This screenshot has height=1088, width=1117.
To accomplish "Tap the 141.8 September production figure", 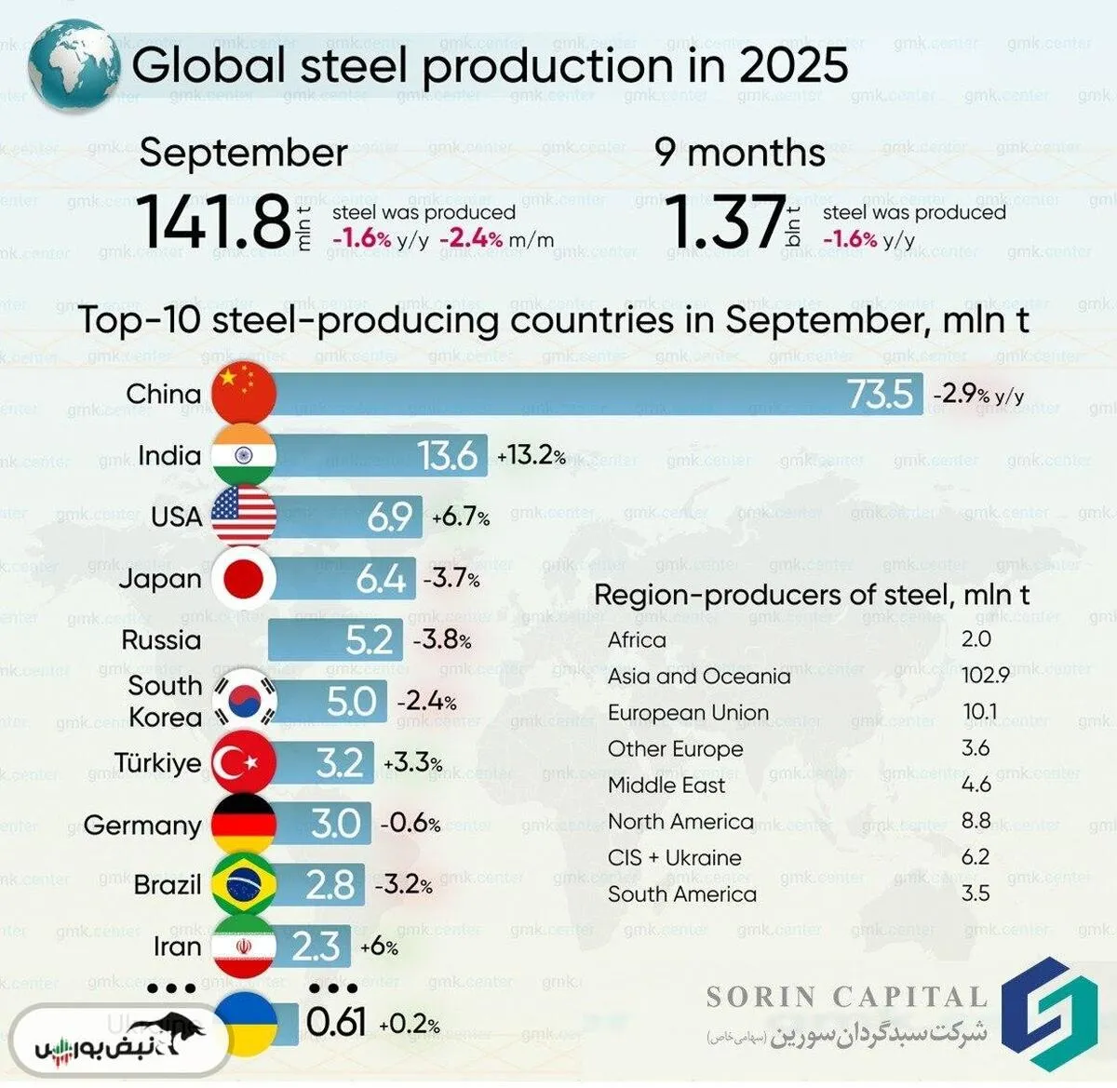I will click(x=214, y=222).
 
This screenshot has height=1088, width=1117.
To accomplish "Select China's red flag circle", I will click(x=244, y=394).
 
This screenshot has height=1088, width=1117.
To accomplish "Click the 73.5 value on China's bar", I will click(x=880, y=395).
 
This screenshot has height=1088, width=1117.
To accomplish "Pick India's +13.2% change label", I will click(x=532, y=456).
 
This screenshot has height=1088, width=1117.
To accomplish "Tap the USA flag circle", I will click(x=244, y=517).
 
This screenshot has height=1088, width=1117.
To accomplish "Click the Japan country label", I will click(x=160, y=579).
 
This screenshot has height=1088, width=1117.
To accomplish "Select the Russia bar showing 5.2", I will click(x=335, y=640).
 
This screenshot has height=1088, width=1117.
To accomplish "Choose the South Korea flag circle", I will click(x=244, y=702).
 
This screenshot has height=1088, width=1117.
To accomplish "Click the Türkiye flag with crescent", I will click(x=244, y=763).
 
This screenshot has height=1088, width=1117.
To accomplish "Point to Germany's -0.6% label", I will click(x=410, y=824).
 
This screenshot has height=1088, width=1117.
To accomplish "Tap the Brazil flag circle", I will click(x=244, y=885).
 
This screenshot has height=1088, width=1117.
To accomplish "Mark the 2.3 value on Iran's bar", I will click(x=316, y=947).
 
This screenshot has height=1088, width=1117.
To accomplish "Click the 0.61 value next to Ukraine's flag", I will click(x=336, y=1023).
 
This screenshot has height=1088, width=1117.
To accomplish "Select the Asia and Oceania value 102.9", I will click(x=986, y=675).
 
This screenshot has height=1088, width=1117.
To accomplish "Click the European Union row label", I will click(x=688, y=713).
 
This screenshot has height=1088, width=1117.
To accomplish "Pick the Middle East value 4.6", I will click(x=976, y=785).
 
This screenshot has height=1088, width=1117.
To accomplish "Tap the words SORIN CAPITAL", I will click(x=846, y=998).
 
